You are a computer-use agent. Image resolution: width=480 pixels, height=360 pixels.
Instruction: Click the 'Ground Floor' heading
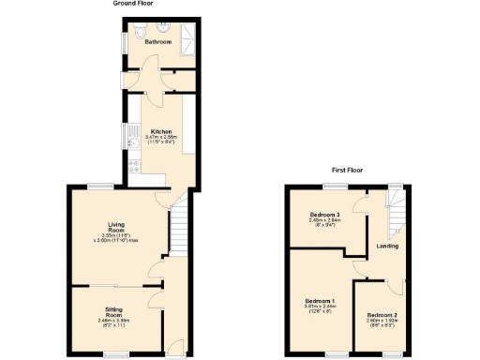[x=133, y=4]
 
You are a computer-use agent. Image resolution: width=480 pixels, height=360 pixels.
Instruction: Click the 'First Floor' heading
[x=348, y=171]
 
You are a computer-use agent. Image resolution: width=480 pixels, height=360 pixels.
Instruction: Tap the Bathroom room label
[x=157, y=41]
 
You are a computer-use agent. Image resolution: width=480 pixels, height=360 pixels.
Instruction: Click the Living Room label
[x=116, y=227]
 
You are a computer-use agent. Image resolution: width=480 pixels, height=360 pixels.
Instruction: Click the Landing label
[x=387, y=246]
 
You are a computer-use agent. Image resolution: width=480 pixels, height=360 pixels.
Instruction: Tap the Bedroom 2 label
[x=382, y=313]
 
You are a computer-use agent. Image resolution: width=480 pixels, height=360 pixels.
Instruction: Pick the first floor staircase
[x=396, y=212]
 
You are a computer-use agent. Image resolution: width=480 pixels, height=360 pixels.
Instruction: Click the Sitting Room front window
[x=116, y=354]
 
